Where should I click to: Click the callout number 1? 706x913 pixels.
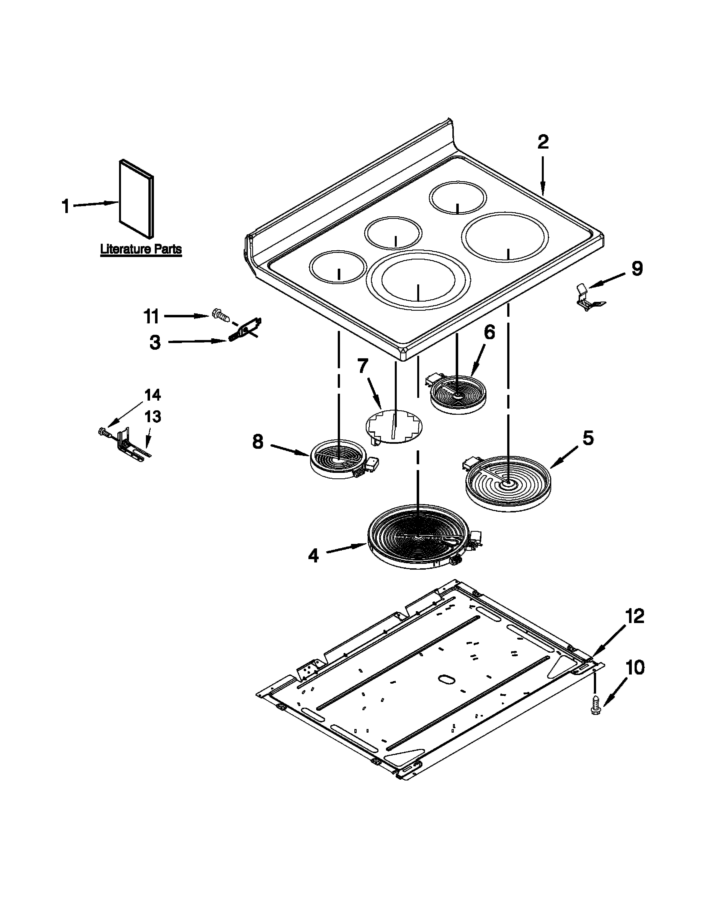[66, 206]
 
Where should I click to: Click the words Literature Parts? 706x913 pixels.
[141, 249]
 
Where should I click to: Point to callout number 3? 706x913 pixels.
[155, 343]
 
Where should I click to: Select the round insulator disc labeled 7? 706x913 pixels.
[394, 426]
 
